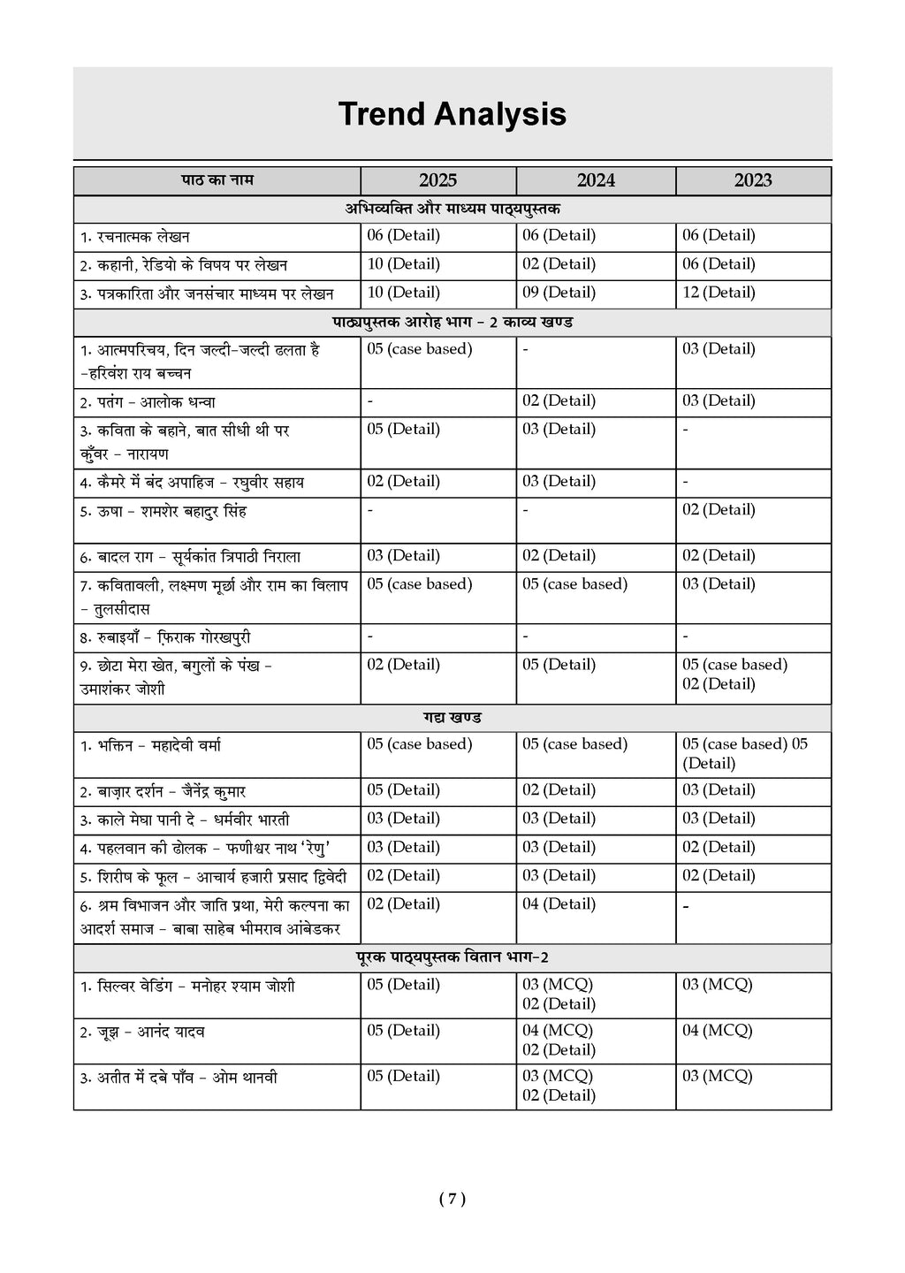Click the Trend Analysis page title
coord(452,114)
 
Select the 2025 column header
coord(437,180)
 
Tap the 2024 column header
coord(596,180)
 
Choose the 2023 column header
coord(753,180)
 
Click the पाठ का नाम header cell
coord(217,180)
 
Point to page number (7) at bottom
coord(452,1199)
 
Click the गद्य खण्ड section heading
coord(452,718)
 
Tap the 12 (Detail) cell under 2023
coord(719,293)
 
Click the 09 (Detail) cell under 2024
coord(559,293)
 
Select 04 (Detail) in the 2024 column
coord(559,904)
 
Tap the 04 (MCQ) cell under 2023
coord(717,1031)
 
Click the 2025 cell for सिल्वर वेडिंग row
coord(403,985)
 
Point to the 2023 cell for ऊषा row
coord(719,510)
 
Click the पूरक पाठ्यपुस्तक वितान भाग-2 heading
coord(452,957)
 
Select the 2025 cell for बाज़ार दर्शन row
coord(403,790)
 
